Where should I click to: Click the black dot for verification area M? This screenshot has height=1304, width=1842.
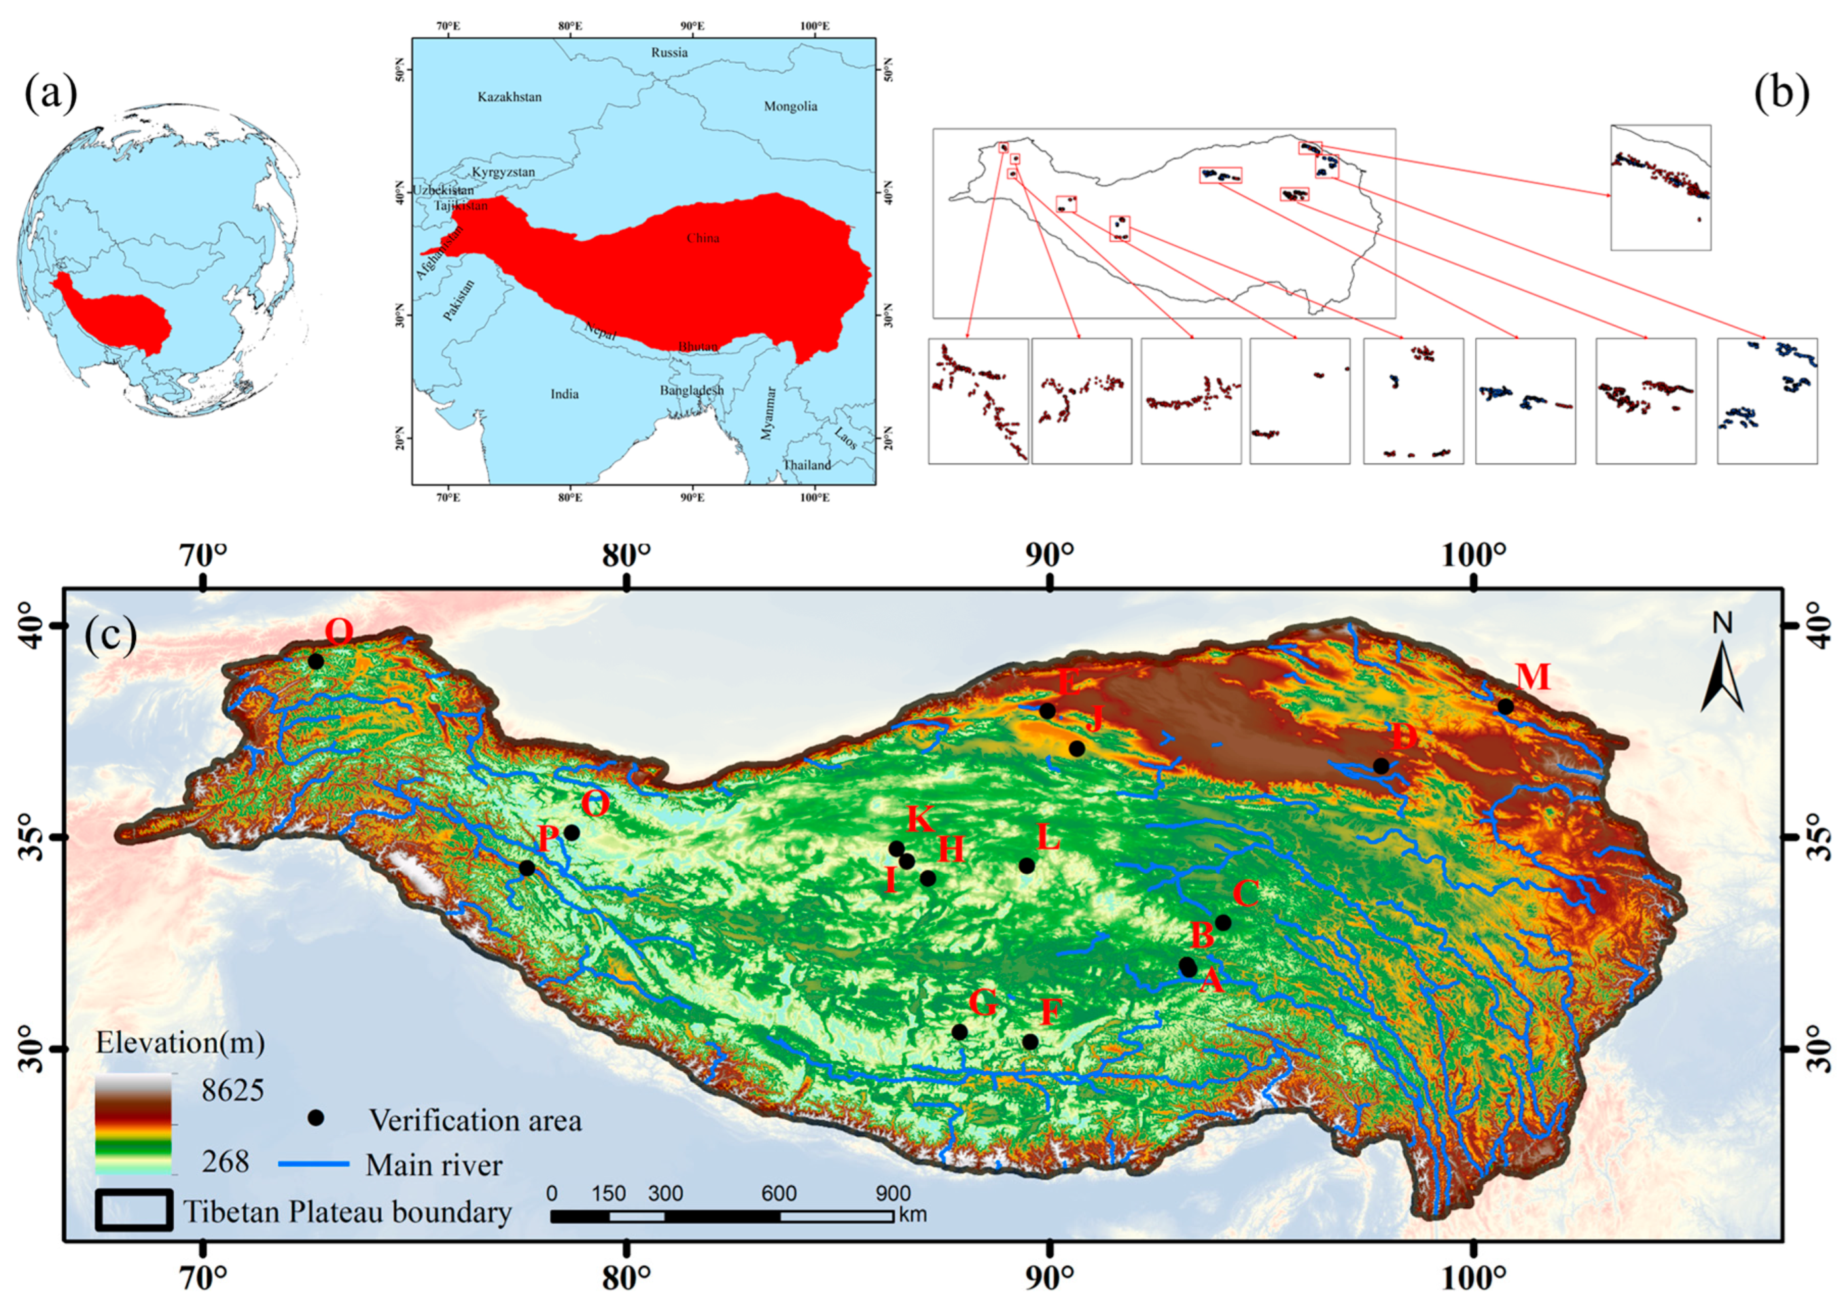(1506, 707)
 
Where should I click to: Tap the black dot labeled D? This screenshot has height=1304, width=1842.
(1380, 766)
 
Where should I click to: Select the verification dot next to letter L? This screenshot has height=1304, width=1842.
(1026, 866)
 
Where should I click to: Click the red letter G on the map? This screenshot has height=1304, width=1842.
(982, 1002)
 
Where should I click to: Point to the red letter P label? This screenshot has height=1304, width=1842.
(548, 839)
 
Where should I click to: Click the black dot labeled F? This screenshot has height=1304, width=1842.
(1030, 1042)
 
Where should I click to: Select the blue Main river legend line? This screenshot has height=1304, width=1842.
(314, 1163)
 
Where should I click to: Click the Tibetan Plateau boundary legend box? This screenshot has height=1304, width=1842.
(134, 1210)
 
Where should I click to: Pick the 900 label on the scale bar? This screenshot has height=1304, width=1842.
(892, 1193)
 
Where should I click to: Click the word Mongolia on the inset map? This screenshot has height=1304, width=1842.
(790, 106)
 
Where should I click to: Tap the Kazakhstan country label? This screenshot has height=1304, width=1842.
(509, 97)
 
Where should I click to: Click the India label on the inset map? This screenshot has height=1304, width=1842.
(565, 393)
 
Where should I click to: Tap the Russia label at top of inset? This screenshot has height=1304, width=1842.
(669, 52)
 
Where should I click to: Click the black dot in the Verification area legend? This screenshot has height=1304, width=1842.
(317, 1118)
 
